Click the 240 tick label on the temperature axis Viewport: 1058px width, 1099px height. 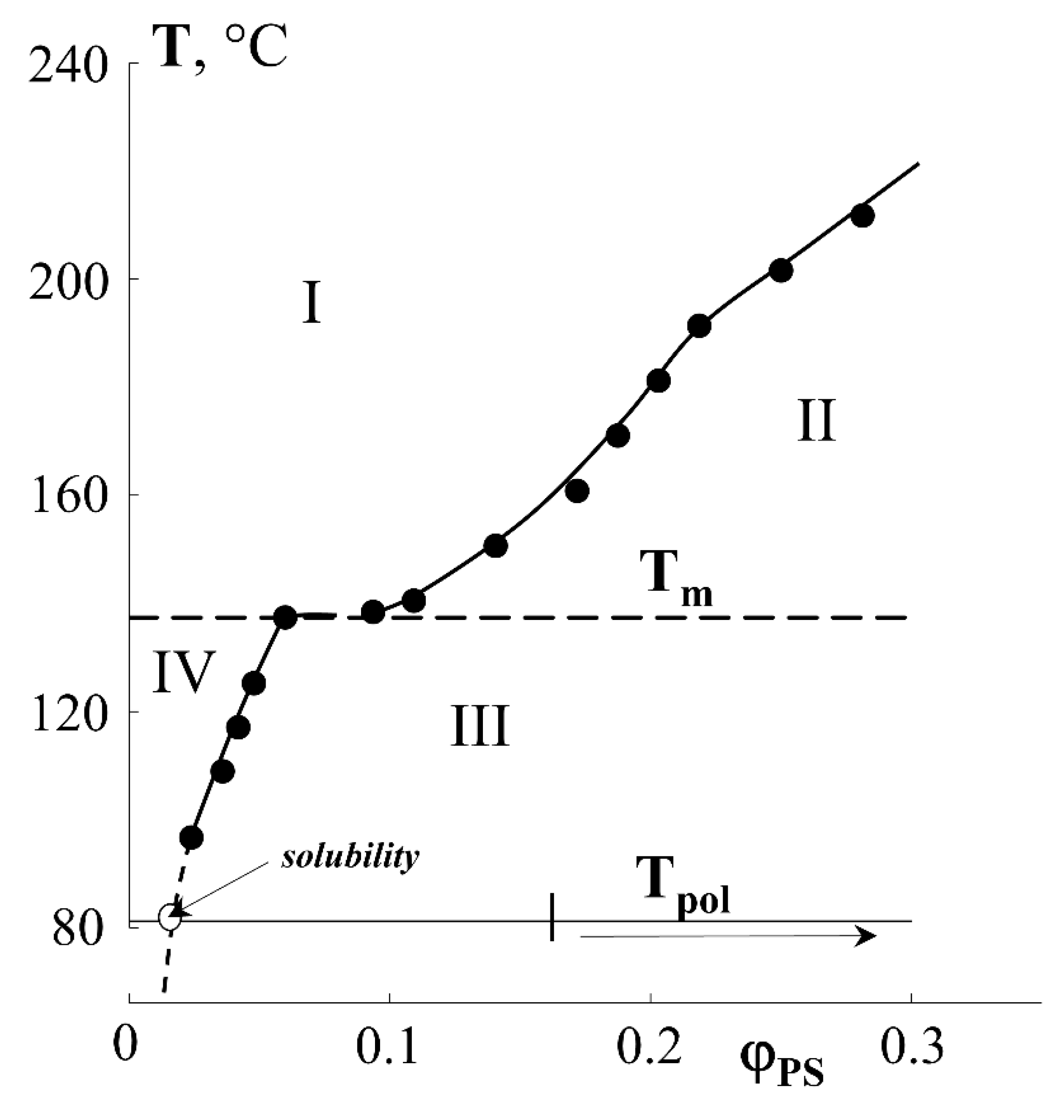tap(67, 66)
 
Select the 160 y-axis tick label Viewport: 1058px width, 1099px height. tap(67, 496)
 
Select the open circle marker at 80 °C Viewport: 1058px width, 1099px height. tap(170, 917)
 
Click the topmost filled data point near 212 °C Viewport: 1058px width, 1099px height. tap(863, 216)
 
